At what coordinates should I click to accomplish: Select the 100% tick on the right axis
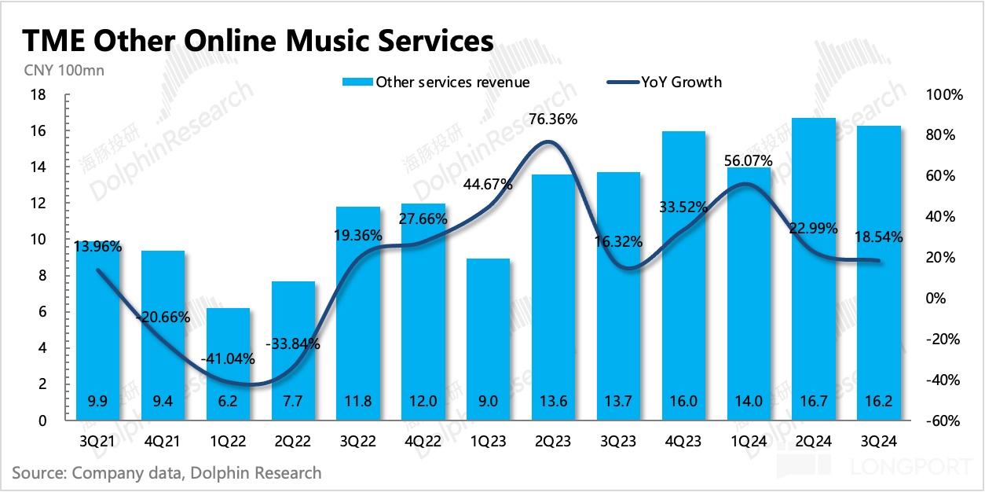[x=945, y=95]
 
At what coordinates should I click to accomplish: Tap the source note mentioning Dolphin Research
[x=167, y=472]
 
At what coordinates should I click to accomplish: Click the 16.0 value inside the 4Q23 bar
[x=683, y=402]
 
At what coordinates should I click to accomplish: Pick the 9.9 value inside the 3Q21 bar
[x=97, y=402]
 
